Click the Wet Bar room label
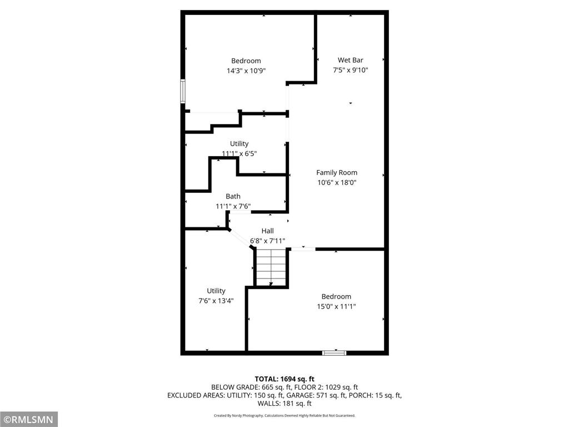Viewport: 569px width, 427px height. click(x=350, y=60)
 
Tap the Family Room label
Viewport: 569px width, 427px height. click(x=337, y=172)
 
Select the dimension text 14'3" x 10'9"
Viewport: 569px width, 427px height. click(x=246, y=71)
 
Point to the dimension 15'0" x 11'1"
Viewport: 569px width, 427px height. click(x=336, y=306)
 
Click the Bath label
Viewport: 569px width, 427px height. click(x=233, y=196)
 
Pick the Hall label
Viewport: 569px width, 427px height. click(x=267, y=231)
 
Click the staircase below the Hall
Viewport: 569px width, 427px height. click(x=271, y=267)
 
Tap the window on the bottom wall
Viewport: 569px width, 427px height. click(x=335, y=352)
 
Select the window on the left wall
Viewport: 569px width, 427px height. click(x=182, y=92)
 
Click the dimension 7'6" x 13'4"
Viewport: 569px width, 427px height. click(x=216, y=301)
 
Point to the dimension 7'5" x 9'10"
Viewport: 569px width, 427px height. click(x=350, y=70)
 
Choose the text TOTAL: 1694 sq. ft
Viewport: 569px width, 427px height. click(x=284, y=379)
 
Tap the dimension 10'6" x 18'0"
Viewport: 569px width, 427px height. click(x=337, y=182)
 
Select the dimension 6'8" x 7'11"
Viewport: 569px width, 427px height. click(x=267, y=241)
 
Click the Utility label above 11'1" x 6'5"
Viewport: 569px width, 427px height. click(x=239, y=143)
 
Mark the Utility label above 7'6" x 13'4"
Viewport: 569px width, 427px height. click(x=216, y=291)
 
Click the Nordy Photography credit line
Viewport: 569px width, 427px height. click(x=284, y=415)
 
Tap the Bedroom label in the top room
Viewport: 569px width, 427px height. click(x=246, y=61)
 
